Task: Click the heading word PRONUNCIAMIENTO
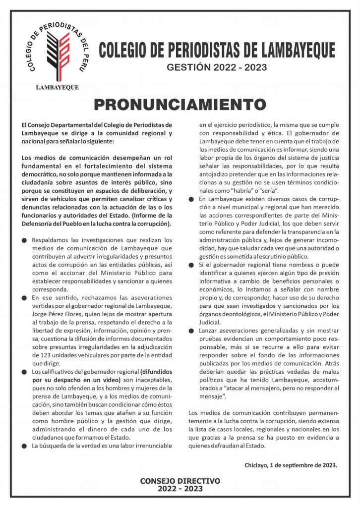coord(180,105)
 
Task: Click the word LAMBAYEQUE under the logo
coord(57,87)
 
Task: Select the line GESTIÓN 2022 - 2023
coord(217,67)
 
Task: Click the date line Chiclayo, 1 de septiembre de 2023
coord(291,465)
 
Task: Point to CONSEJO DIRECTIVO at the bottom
coord(180,481)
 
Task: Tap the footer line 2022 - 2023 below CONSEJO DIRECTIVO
coord(180,489)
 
